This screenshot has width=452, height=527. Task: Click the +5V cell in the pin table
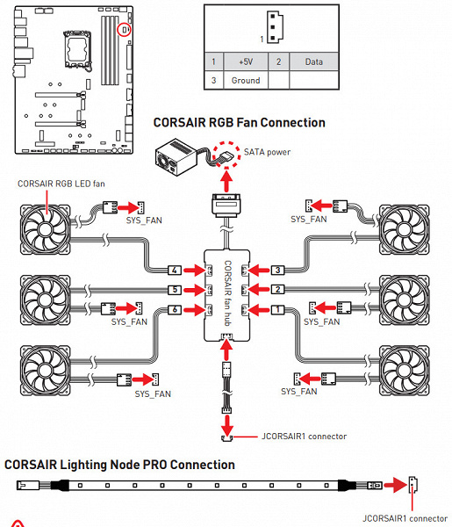click(x=246, y=61)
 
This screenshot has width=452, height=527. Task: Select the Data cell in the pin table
click(x=313, y=61)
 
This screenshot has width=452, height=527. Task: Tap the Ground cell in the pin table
click(x=246, y=80)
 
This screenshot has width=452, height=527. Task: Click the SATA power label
click(x=267, y=152)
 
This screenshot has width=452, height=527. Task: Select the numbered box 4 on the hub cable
click(x=175, y=270)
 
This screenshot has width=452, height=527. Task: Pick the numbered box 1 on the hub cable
click(x=277, y=309)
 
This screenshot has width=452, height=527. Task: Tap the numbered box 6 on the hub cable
click(x=175, y=309)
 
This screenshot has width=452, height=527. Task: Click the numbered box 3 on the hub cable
click(x=277, y=270)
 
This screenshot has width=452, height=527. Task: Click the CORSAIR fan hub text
click(x=228, y=293)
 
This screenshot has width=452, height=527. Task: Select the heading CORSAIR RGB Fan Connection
click(x=239, y=123)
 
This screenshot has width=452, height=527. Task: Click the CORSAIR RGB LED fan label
click(x=61, y=184)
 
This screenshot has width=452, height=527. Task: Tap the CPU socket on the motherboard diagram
click(x=77, y=48)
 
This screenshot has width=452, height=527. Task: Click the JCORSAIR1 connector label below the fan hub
click(x=304, y=437)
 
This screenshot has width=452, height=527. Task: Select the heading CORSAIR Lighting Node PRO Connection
click(x=119, y=465)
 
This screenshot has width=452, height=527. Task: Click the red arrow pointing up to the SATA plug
click(x=227, y=182)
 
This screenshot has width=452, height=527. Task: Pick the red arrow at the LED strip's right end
click(x=395, y=485)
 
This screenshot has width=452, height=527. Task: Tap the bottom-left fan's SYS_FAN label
click(x=153, y=393)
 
